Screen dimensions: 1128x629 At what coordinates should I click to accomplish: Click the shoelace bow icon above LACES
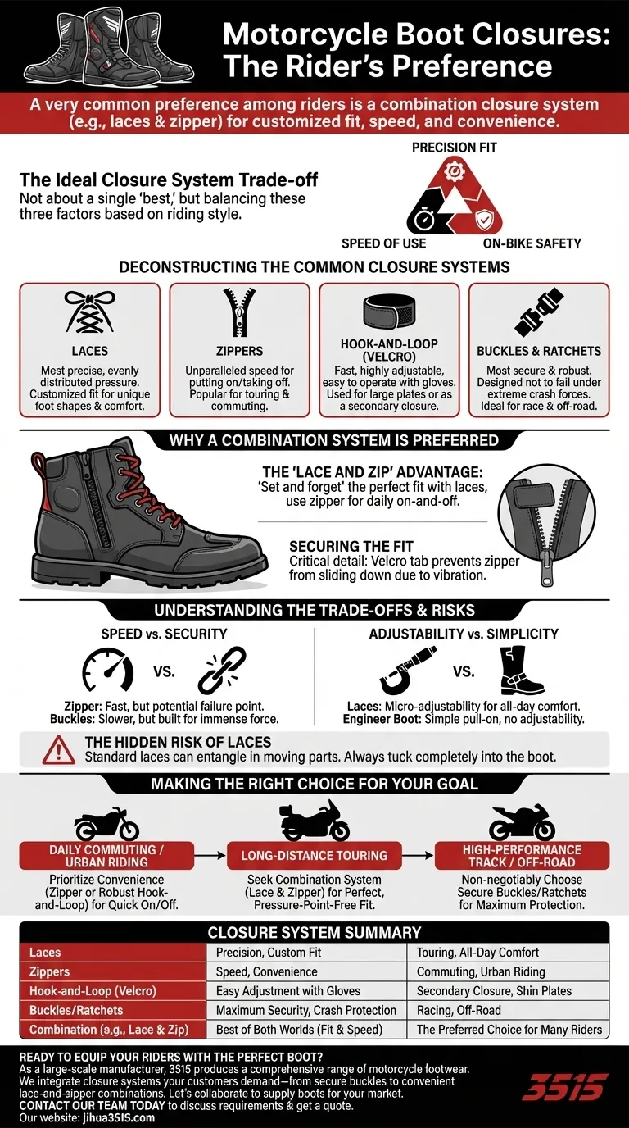89,312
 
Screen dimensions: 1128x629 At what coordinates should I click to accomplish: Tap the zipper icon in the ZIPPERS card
239,316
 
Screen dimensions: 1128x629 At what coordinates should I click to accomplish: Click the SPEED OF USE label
383,243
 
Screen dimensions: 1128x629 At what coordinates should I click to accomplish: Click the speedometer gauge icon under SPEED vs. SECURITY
108,671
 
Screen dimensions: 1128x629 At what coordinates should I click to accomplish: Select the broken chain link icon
222,671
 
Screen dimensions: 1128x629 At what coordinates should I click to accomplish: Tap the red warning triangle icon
59,749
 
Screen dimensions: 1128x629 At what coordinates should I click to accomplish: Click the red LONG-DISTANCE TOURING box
314,855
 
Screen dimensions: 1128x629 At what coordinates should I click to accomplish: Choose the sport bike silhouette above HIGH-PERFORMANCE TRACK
521,822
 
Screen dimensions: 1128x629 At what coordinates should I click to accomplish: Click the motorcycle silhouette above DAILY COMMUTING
106,824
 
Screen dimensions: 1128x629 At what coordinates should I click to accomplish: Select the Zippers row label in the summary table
50,971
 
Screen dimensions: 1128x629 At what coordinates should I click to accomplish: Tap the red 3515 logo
564,1089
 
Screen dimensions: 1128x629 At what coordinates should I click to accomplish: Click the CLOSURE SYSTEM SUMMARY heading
314,932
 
